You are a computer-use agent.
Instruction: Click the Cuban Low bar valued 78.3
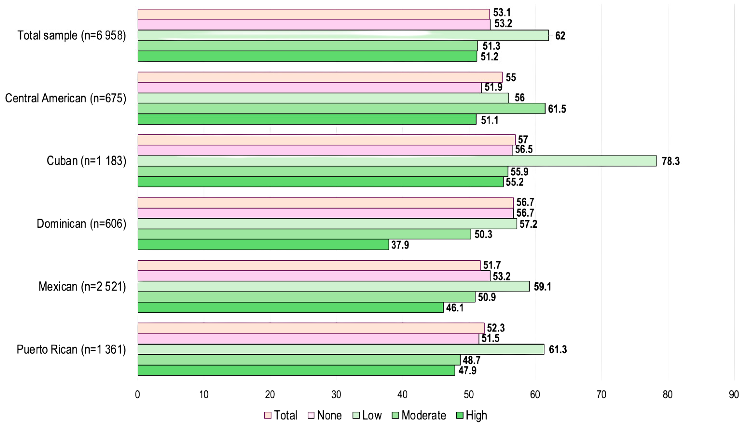coord(397,161)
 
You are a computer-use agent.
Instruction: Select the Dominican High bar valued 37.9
coord(263,245)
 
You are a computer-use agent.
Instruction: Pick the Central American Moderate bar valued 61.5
coord(341,109)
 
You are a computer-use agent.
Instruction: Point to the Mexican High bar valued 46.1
coord(291,307)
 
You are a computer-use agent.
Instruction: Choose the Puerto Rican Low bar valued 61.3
coord(341,349)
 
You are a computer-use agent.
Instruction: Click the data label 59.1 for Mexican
coord(542,287)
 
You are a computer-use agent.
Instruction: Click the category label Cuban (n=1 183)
coord(86,161)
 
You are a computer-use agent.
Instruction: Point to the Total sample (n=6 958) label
coord(72,35)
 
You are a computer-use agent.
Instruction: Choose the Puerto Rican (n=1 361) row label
coord(71,349)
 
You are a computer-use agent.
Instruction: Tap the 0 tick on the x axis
coord(138,395)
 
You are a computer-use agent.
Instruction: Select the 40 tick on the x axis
coord(403,395)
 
